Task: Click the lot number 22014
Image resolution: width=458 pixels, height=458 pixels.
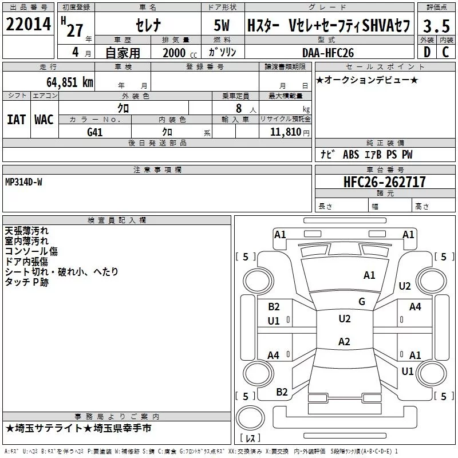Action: [x=28, y=24]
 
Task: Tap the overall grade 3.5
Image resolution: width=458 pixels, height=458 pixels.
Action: [x=436, y=26]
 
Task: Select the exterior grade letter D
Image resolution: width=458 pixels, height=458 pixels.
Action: [x=427, y=52]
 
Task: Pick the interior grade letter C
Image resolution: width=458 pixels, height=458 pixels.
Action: [x=445, y=52]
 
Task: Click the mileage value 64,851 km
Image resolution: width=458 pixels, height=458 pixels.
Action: [x=70, y=82]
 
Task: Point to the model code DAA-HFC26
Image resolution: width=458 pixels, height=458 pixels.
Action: [x=328, y=53]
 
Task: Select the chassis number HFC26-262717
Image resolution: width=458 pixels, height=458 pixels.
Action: [x=385, y=182]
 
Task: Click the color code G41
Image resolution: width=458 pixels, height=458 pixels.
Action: [x=94, y=132]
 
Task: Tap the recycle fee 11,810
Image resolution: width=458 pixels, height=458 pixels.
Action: [x=285, y=132]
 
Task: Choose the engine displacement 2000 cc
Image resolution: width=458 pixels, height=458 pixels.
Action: [x=180, y=53]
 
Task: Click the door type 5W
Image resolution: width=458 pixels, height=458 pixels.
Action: [x=222, y=25]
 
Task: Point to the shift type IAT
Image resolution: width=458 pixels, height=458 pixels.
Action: [x=16, y=120]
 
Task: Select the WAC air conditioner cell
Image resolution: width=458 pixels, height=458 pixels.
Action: [x=44, y=120]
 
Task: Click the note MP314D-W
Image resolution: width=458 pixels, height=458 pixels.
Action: [x=23, y=182]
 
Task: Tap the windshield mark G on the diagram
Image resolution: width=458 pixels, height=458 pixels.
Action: [x=362, y=301]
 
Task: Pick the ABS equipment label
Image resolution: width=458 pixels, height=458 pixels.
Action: [x=351, y=155]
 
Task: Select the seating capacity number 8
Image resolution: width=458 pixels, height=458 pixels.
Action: [x=239, y=108]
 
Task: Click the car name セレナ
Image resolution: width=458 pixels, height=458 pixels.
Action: [x=148, y=25]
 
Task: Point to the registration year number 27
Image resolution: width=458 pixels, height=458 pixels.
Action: [x=75, y=31]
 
